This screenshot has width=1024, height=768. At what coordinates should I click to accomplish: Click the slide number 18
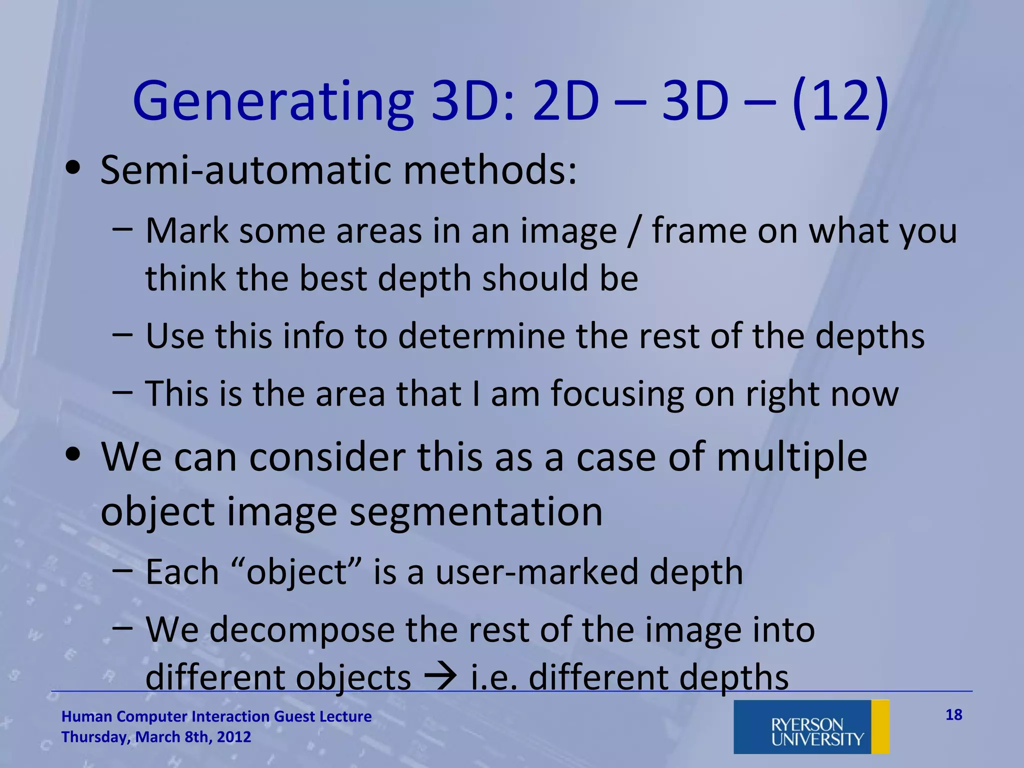(x=953, y=715)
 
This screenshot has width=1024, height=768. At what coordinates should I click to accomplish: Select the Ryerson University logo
(x=811, y=726)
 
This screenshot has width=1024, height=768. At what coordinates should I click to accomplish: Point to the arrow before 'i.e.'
(x=440, y=677)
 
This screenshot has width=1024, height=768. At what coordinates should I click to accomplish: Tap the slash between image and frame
(x=634, y=231)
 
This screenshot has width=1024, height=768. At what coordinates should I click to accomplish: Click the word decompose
(x=302, y=629)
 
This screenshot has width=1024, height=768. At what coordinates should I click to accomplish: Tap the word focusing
(x=617, y=394)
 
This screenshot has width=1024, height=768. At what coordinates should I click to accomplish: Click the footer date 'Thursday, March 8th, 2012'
(x=156, y=737)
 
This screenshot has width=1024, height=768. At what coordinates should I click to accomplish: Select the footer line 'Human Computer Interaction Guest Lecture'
(x=216, y=716)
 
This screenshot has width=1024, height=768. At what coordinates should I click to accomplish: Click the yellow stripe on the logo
(x=880, y=726)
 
